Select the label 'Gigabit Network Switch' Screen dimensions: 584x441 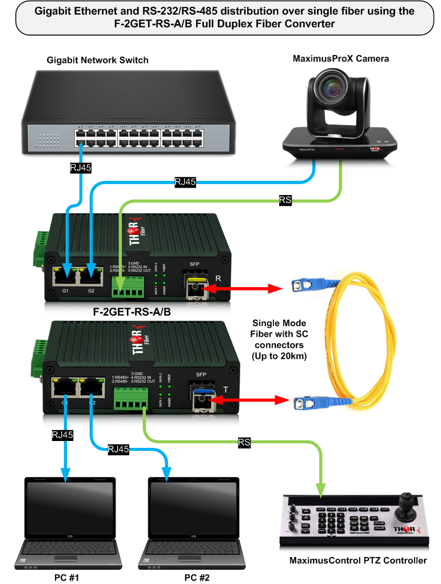click(98, 60)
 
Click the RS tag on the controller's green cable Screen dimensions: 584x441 click(244, 442)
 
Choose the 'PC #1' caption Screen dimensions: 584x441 click(63, 577)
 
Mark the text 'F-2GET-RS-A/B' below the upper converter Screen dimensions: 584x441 click(132, 313)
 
